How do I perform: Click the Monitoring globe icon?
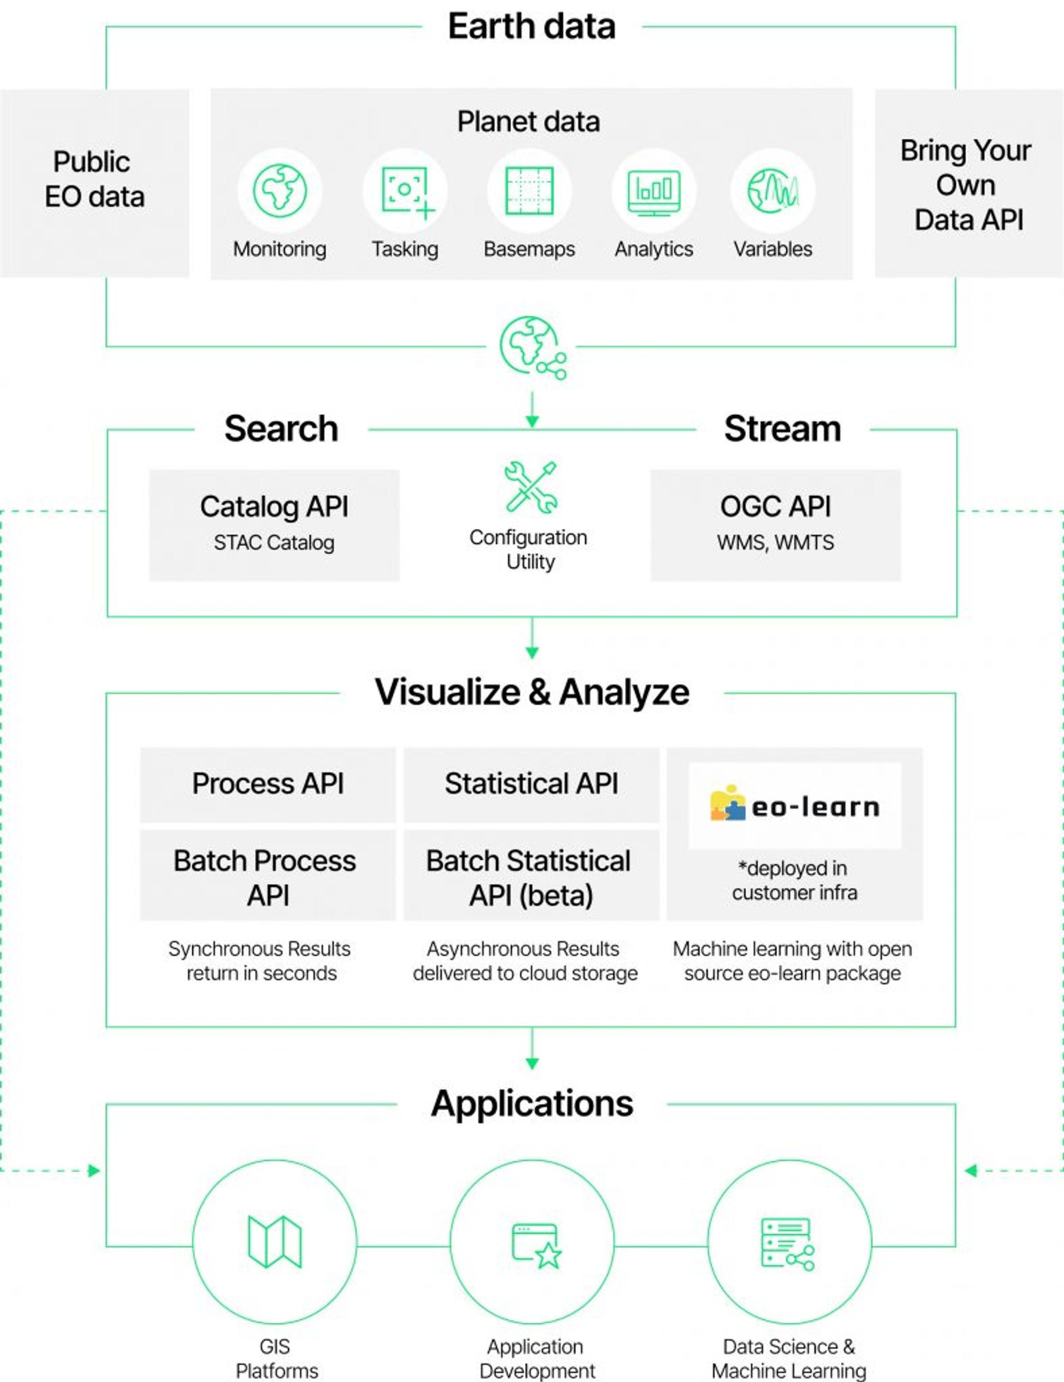click(280, 191)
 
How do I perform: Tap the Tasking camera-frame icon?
click(405, 191)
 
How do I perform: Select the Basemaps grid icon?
click(529, 191)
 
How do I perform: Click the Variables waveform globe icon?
click(773, 191)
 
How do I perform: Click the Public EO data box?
click(95, 182)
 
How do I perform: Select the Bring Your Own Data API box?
click(968, 183)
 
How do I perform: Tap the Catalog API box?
click(274, 525)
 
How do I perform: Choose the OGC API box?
click(775, 525)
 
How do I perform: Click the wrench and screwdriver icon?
click(531, 487)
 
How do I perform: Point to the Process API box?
click(268, 784)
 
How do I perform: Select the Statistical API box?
click(531, 784)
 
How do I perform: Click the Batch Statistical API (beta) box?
click(531, 876)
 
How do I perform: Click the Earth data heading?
click(531, 26)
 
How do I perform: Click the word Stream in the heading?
click(782, 429)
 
